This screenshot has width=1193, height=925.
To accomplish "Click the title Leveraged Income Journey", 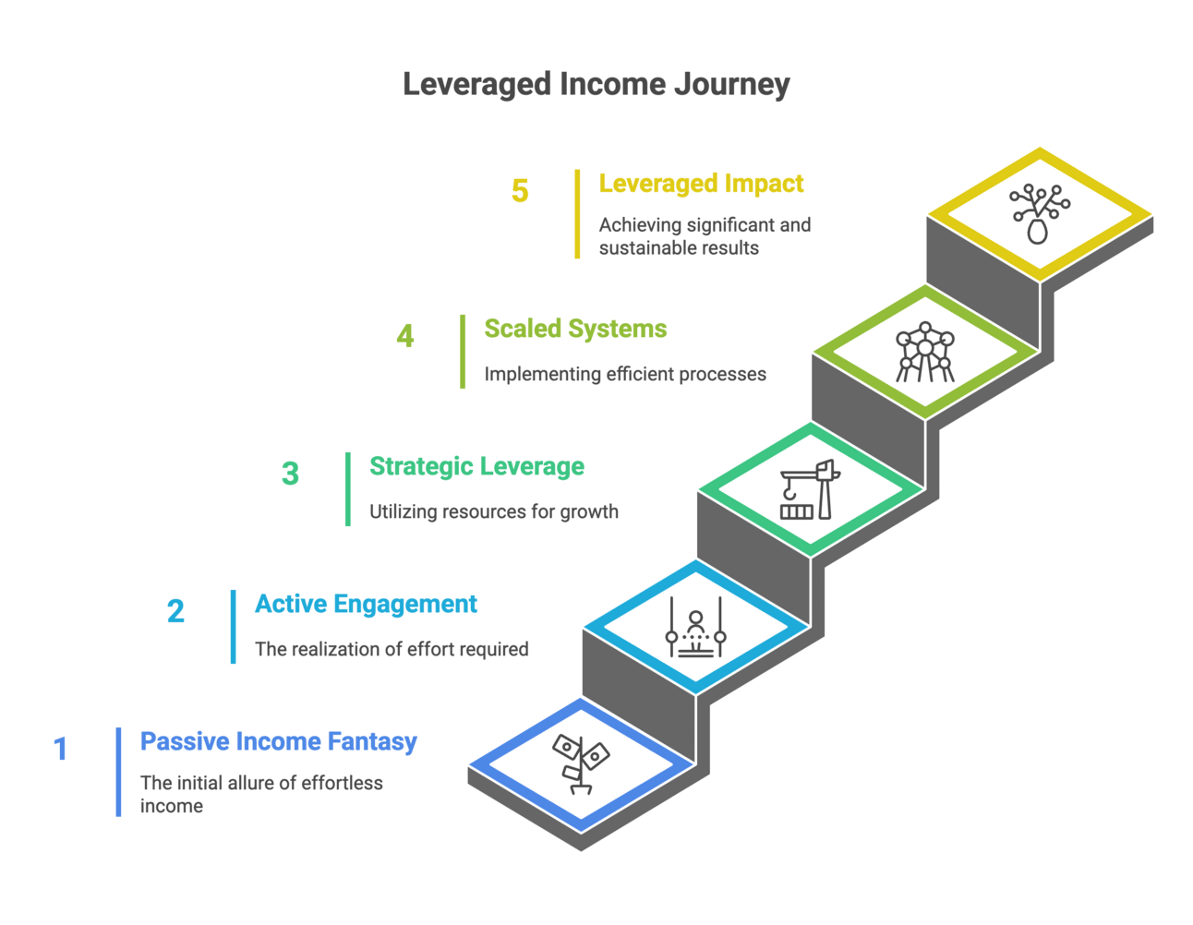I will (x=596, y=85).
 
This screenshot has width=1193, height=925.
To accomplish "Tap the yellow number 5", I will (x=520, y=191).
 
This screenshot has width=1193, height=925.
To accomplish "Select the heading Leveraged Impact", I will (x=701, y=184).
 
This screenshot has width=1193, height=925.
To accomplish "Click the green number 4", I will (x=405, y=336).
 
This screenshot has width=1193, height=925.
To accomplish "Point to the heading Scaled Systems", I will (x=575, y=329).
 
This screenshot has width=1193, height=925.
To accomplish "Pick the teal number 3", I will (x=290, y=474).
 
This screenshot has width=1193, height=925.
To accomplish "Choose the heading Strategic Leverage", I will (x=477, y=466).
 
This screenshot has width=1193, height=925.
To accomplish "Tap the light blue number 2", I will (x=175, y=611).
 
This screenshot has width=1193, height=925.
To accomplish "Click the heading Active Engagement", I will (x=367, y=604).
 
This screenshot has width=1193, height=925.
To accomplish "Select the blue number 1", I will (x=61, y=749).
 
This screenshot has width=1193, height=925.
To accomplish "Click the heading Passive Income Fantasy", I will (x=279, y=741).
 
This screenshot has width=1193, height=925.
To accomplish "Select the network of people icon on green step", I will (x=923, y=352).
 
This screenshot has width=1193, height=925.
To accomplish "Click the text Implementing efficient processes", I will (x=625, y=374).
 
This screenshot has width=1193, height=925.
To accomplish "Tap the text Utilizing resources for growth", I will (x=494, y=511).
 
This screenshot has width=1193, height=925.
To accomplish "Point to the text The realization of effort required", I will (x=392, y=649).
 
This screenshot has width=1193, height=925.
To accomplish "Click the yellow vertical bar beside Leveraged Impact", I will (x=577, y=214).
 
